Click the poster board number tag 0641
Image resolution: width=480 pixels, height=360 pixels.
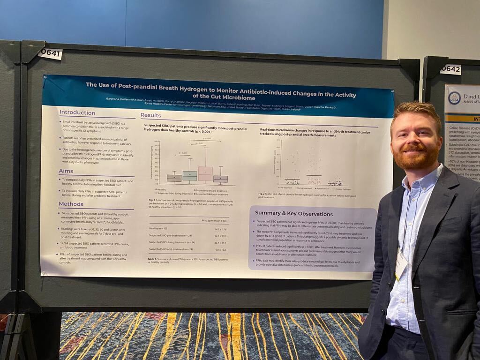(50, 54)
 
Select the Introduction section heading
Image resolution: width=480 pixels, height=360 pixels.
(77, 112)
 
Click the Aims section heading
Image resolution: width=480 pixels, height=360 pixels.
(66, 171)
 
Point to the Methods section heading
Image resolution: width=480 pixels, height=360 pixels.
(71, 204)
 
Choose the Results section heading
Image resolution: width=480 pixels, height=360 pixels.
(150, 115)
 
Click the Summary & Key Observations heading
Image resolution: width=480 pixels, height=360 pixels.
(294, 213)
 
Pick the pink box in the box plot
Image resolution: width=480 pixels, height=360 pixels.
(205, 173)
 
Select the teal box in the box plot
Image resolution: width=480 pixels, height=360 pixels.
(190, 175)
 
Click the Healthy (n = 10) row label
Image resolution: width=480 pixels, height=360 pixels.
(158, 229)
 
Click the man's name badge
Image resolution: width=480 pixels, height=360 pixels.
(401, 265)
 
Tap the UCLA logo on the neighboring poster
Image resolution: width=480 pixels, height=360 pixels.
(454, 98)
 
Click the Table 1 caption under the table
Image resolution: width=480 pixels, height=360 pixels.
(187, 260)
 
